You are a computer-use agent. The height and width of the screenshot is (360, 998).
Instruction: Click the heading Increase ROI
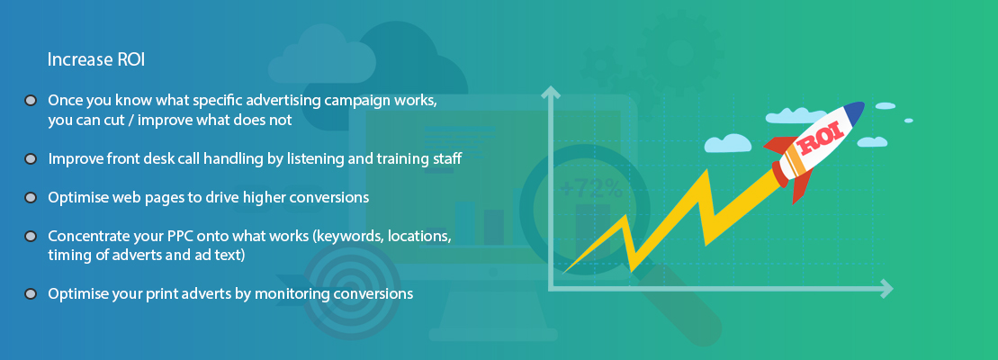point(97,59)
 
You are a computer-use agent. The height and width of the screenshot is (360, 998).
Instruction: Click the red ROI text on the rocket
point(821,139)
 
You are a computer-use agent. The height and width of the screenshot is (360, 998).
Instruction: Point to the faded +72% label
point(592,187)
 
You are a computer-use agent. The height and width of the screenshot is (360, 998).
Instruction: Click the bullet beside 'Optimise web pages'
point(30,198)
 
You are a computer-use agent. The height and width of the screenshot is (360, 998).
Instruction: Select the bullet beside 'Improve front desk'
point(30,159)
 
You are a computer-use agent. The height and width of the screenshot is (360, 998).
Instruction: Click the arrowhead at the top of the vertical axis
point(550,93)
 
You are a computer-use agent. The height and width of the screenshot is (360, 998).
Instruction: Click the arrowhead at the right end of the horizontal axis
point(886,289)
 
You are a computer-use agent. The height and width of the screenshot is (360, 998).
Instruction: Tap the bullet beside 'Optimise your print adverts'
point(30,294)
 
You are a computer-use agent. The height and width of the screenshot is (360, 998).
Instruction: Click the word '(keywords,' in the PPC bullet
point(346,237)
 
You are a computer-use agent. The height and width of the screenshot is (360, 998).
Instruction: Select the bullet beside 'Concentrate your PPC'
point(30,237)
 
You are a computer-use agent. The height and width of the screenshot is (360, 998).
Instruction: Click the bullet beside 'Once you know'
point(30,101)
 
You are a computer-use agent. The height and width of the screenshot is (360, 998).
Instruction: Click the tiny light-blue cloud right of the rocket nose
point(908,121)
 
